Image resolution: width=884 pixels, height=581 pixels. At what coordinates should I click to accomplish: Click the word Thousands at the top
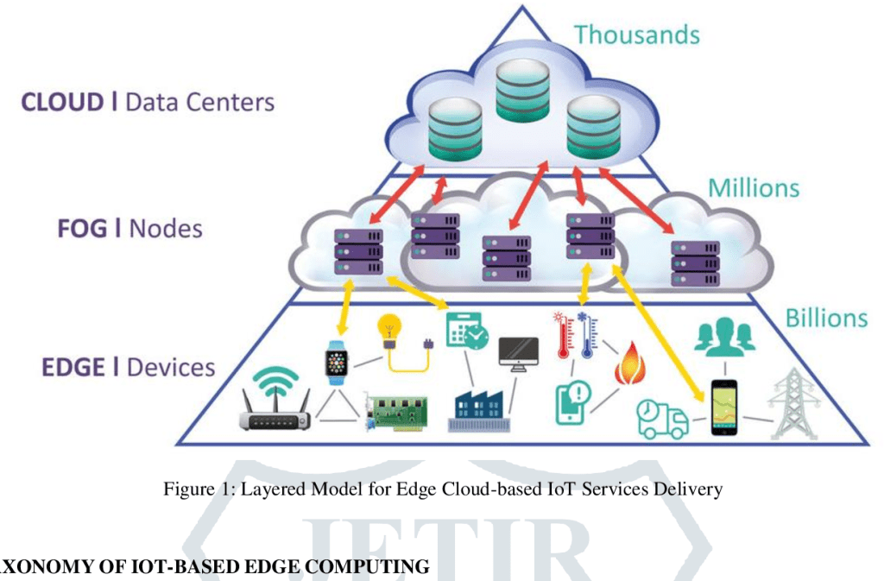pyautogui.click(x=637, y=35)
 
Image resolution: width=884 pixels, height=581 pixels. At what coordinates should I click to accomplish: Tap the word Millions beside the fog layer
pyautogui.click(x=754, y=187)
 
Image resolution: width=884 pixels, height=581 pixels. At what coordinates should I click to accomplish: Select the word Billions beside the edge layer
pyautogui.click(x=825, y=318)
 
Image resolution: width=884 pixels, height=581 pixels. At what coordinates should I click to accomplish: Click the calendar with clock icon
pyautogui.click(x=466, y=332)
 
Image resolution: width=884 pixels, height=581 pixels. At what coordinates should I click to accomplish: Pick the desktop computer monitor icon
pyautogui.click(x=519, y=354)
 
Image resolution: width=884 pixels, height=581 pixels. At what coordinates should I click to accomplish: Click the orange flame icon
pyautogui.click(x=629, y=366)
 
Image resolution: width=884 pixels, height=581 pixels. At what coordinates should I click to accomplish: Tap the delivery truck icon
pyautogui.click(x=662, y=419)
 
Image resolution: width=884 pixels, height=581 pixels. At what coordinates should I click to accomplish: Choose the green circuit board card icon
pyautogui.click(x=395, y=412)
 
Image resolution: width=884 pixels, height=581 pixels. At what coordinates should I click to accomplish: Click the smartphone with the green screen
pyautogui.click(x=723, y=407)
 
